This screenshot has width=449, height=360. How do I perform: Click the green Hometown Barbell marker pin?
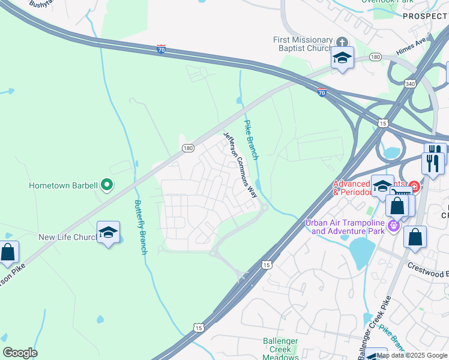[x=107, y=185]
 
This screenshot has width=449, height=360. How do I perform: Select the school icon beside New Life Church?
[x=108, y=233]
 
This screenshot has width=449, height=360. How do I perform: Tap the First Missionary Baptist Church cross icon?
[x=342, y=42]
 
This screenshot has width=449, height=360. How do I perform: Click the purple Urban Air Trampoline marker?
[x=394, y=226]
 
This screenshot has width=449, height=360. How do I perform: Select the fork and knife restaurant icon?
[x=433, y=162]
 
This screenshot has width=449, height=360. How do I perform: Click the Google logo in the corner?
[x=20, y=353]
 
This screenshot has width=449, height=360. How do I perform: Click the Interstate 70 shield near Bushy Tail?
[x=161, y=49]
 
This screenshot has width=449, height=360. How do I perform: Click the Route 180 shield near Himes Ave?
[x=375, y=56]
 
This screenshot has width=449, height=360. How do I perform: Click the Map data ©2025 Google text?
[x=412, y=355]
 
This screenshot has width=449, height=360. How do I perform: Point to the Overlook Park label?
[x=388, y=2]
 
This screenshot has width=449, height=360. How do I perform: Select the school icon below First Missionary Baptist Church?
[x=342, y=58]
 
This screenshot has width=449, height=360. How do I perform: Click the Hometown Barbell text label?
[x=63, y=186]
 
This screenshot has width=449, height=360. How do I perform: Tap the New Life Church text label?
[x=68, y=238]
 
